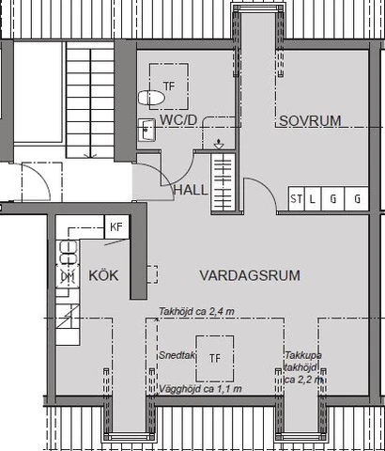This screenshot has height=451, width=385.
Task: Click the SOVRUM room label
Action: tap(308, 119)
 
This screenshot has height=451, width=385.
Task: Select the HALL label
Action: tap(192, 190)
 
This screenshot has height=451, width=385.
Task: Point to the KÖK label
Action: tap(104, 276)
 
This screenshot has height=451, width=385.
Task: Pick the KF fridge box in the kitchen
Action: tap(116, 227)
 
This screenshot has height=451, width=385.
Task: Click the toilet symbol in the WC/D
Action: tap(147, 97)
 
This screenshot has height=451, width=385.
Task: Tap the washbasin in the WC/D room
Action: tap(147, 131)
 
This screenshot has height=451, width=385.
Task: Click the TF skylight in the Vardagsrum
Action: tap(215, 358)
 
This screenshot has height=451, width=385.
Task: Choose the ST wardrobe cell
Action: tap(297, 198)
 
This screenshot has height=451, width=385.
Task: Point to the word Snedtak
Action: tap(176, 358)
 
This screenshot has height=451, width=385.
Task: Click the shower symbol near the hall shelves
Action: tap(218, 144)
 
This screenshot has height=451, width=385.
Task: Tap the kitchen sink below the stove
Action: tap(68, 277)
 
